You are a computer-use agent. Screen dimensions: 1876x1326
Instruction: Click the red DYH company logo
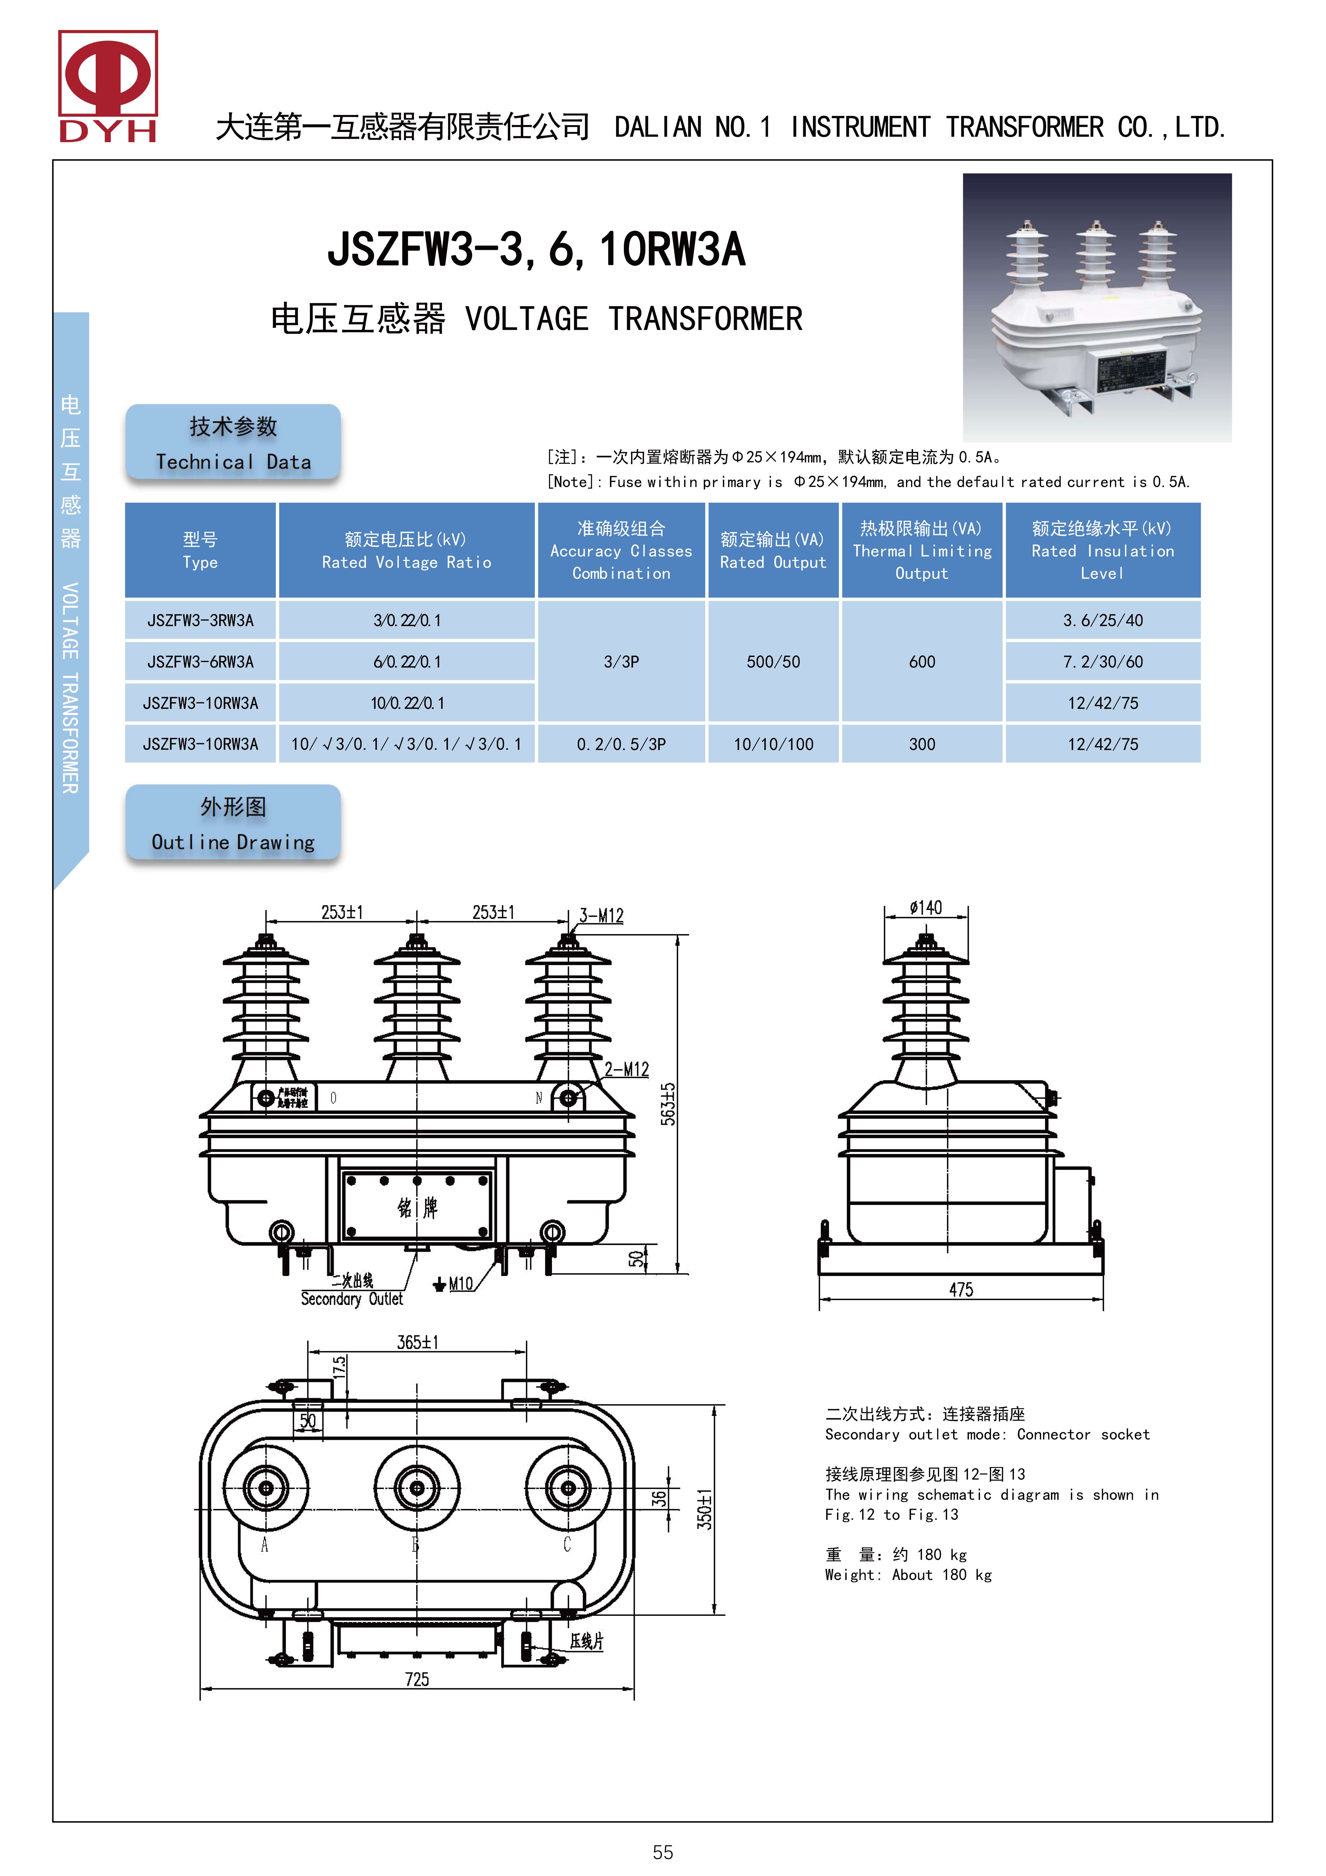(x=108, y=86)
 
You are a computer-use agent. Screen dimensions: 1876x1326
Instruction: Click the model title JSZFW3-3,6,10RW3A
(x=536, y=249)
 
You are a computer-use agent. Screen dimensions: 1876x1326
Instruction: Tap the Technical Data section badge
(x=233, y=442)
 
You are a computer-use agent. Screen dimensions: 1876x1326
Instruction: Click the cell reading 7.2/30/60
(x=1102, y=662)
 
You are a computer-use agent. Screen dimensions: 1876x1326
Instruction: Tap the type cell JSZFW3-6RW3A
(x=200, y=662)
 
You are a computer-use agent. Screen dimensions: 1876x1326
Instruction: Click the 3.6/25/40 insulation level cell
(x=1102, y=620)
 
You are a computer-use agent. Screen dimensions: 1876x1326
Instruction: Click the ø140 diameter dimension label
(x=926, y=908)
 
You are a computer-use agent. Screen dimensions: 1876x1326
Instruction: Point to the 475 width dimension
(x=961, y=1289)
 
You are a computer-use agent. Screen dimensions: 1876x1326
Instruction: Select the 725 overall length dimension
(x=417, y=1679)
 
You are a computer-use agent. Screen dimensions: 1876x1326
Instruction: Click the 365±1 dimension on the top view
(x=418, y=1342)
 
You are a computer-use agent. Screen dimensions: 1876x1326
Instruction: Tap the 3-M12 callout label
(x=601, y=916)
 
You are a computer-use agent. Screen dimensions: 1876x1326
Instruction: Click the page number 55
(x=663, y=1851)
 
